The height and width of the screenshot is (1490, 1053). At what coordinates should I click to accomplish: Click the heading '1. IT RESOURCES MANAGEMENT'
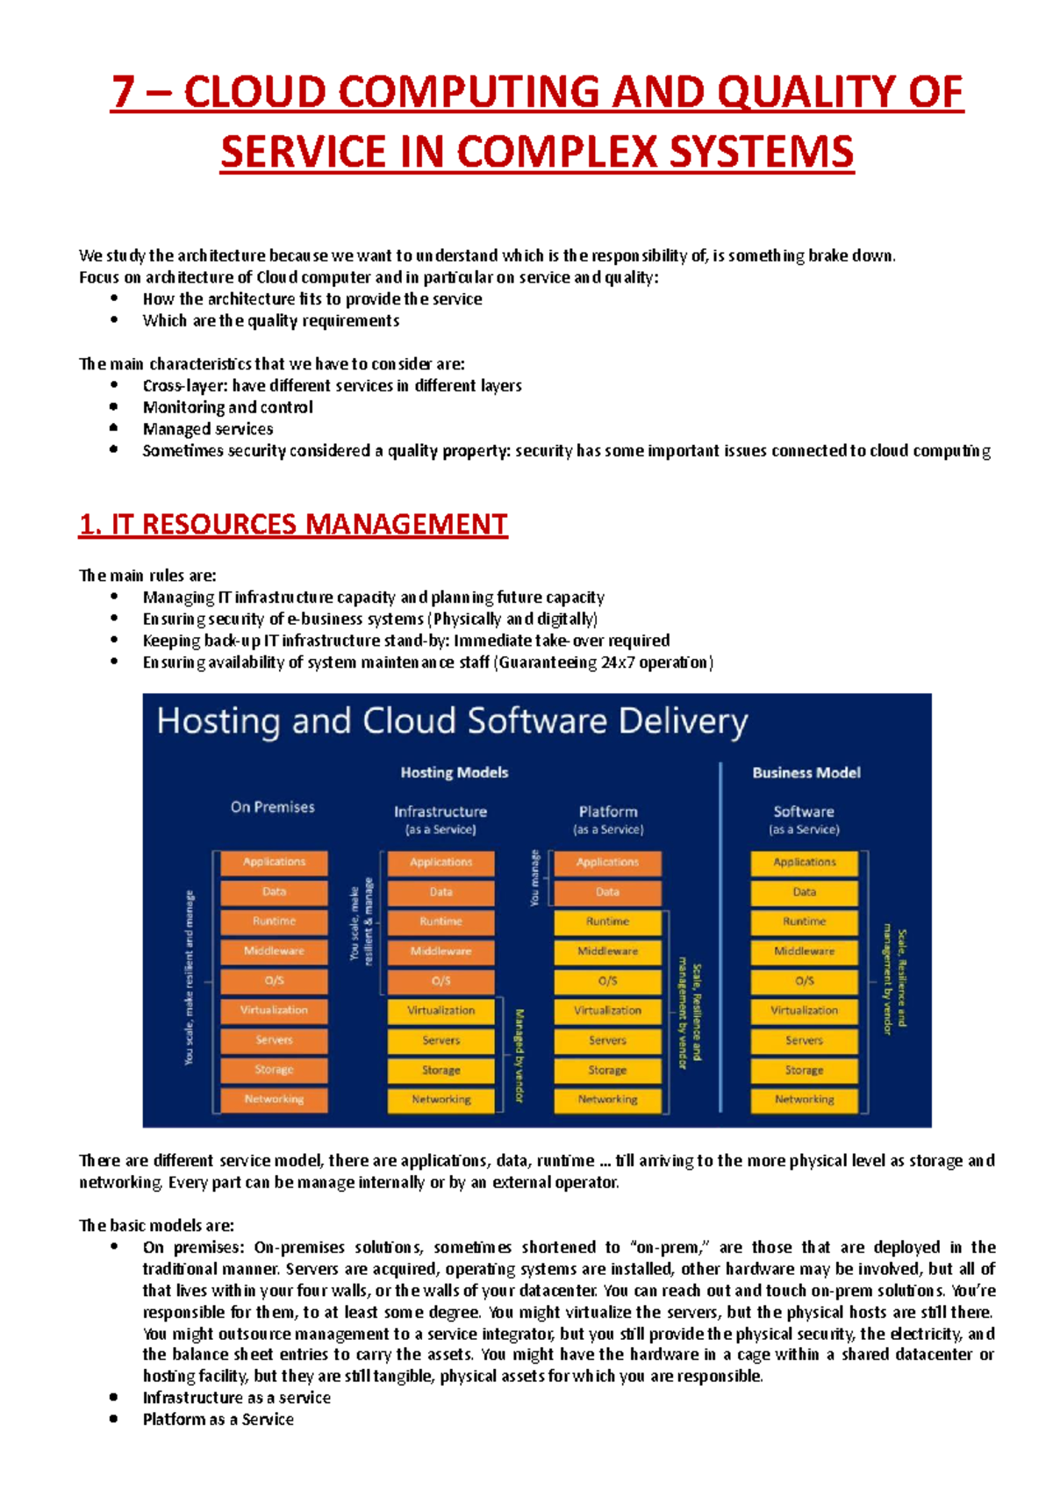coord(293,525)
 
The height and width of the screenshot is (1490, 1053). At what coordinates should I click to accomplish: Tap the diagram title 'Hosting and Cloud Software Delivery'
coord(452,721)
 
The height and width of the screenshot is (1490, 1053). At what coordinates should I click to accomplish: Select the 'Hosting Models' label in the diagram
coord(454,772)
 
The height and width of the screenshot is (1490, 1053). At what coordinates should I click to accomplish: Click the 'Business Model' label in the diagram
coord(806,772)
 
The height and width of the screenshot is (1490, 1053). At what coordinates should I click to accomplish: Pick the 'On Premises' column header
coord(272,806)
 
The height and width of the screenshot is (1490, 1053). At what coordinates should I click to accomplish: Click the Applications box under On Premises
coord(274,863)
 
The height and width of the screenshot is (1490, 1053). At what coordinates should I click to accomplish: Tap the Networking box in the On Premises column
coord(274,1100)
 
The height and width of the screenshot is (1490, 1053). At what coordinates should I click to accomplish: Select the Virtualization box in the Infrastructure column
coord(441,1011)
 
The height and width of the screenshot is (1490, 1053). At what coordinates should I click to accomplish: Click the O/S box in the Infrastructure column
coord(441,981)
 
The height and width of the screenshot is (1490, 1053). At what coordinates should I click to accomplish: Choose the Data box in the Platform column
coord(607,892)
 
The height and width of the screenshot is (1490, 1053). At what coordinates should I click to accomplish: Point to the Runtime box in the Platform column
coord(607,922)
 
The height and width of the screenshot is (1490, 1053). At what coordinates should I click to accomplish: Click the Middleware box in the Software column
coord(804,951)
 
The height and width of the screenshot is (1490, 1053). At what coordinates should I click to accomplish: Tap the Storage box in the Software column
coord(804,1071)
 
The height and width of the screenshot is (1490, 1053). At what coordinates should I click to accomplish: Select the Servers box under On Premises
coord(274,1041)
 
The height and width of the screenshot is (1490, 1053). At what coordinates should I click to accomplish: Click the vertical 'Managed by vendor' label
coord(519,1055)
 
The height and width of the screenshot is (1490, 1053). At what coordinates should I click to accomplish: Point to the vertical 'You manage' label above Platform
coord(534,878)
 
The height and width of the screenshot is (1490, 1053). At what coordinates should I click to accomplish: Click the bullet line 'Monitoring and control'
coord(227,407)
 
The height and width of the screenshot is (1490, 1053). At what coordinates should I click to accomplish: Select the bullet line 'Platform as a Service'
coord(218,1419)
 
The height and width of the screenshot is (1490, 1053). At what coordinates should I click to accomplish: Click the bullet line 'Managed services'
coord(207,429)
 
